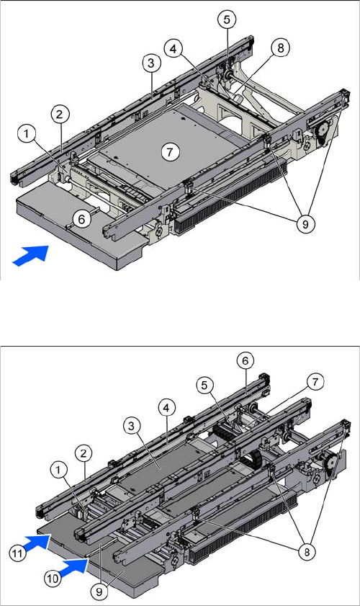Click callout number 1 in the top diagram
coord(27,135)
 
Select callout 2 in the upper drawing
coord(59,115)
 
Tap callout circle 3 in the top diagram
coord(151,63)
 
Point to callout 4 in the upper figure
coord(174,49)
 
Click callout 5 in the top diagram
coord(227,19)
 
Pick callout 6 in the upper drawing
coord(81,219)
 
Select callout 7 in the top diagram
coord(170,152)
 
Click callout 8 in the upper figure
coord(280,48)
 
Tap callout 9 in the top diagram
coord(305,224)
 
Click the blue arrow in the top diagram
coord(31,256)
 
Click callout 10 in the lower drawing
coord(53,578)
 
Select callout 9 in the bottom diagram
coord(99,592)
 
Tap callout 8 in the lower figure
coord(307,552)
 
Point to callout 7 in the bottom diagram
coord(315,382)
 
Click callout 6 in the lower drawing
coord(246,360)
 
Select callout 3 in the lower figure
coord(132,427)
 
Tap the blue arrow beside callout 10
coord(73,567)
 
